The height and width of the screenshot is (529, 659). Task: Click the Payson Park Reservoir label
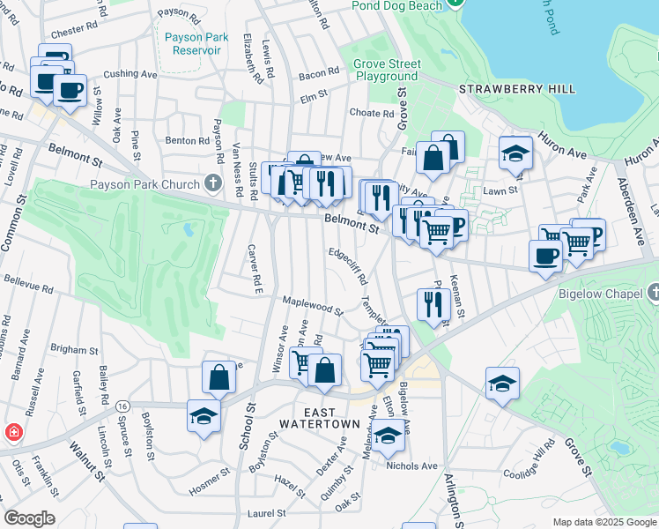[192, 43]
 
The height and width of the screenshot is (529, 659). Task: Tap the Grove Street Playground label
[387, 70]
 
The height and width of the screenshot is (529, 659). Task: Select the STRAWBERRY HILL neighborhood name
[517, 89]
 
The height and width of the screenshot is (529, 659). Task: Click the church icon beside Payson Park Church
[211, 184]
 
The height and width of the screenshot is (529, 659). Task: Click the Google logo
[29, 518]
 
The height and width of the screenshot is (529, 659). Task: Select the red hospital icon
[14, 433]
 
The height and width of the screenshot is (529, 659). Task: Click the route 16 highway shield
[122, 406]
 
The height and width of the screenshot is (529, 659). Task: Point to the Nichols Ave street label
[417, 466]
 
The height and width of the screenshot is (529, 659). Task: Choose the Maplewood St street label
[312, 306]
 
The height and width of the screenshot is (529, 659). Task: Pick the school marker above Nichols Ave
[387, 435]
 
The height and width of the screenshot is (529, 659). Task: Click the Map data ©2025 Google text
[604, 522]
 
